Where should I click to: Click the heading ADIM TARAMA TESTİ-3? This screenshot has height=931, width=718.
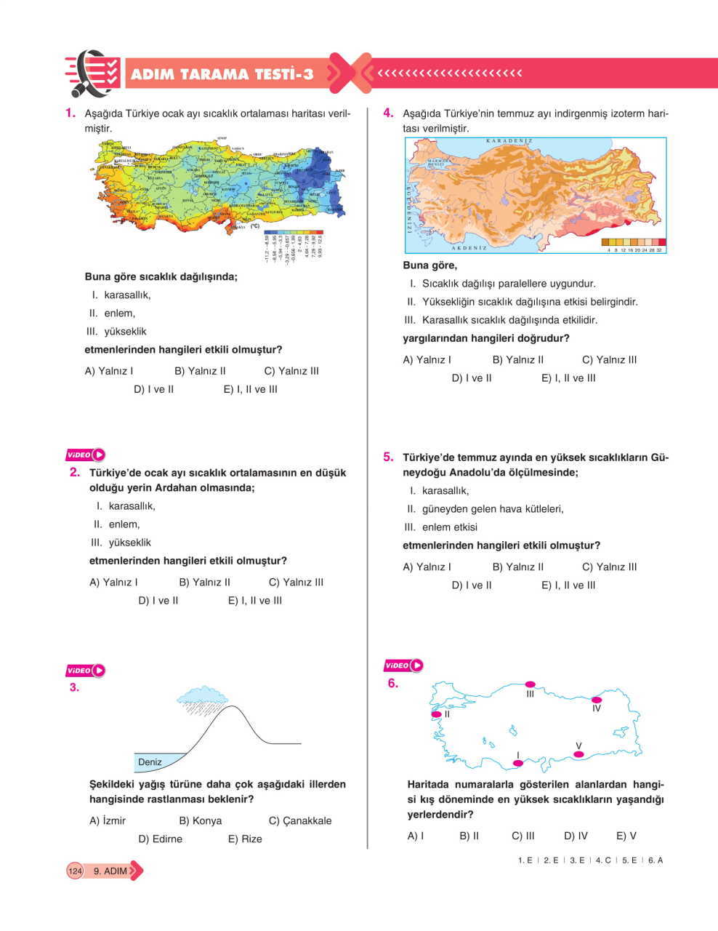click(222, 74)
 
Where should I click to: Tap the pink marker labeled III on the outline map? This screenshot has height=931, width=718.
click(530, 684)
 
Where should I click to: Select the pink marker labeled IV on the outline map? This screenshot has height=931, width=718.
click(597, 700)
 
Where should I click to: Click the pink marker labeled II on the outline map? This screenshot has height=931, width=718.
click(436, 714)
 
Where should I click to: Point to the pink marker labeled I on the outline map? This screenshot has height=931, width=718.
click(518, 763)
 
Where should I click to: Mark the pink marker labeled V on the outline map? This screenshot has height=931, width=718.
click(578, 754)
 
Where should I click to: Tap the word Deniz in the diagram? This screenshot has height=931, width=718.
click(150, 762)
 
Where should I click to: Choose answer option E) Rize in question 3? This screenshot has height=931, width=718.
click(245, 839)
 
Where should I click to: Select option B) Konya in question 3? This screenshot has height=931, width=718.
click(200, 820)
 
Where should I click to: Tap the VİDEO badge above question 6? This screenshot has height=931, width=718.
click(403, 665)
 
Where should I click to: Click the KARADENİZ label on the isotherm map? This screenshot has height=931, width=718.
click(509, 140)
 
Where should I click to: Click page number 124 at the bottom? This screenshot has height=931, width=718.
click(76, 871)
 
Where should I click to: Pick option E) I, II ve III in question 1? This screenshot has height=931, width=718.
click(250, 389)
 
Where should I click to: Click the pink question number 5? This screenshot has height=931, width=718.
click(388, 457)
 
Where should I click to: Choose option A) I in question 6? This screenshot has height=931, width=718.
click(416, 836)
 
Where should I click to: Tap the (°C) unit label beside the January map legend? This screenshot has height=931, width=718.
click(255, 226)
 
